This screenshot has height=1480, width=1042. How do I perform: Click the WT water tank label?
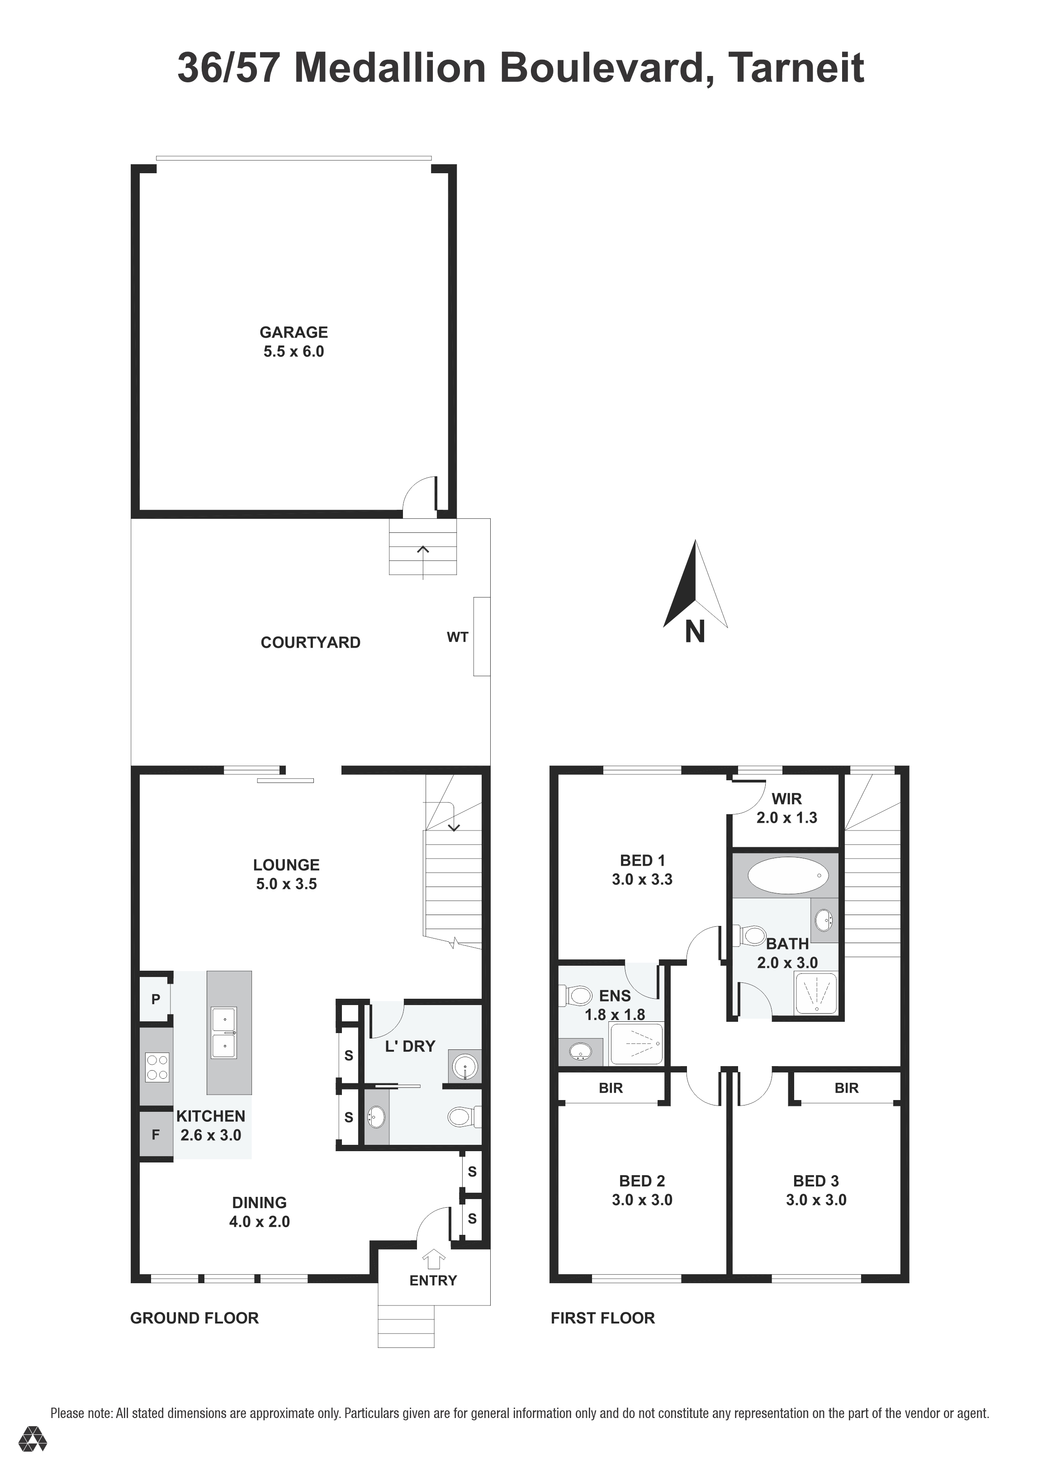pos(458,637)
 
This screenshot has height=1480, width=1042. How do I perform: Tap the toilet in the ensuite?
pos(575,995)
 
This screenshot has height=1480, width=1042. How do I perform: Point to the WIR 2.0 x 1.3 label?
pos(787,808)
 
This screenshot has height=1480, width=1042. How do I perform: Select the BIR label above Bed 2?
pos(611,1088)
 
